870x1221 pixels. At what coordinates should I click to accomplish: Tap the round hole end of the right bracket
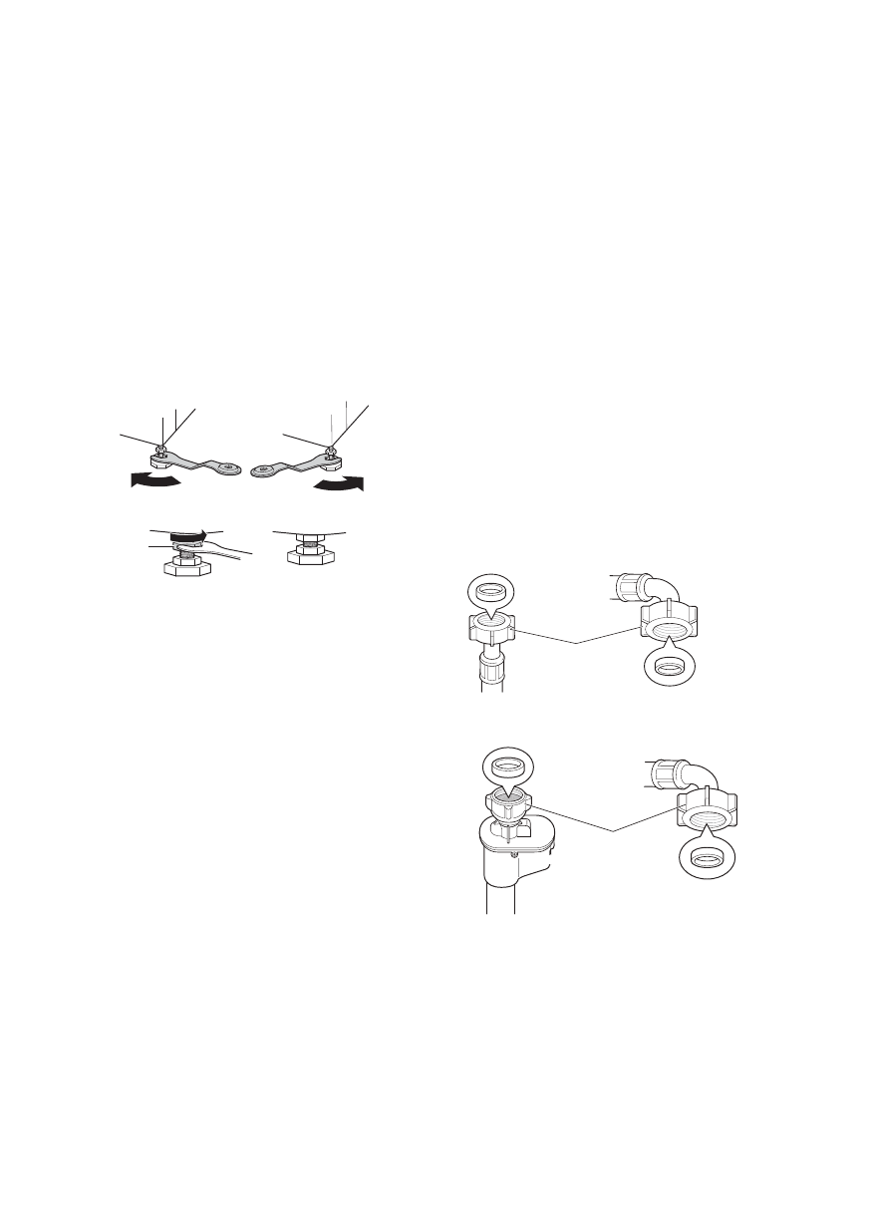(264, 472)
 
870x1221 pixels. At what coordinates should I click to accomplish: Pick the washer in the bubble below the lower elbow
(707, 857)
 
